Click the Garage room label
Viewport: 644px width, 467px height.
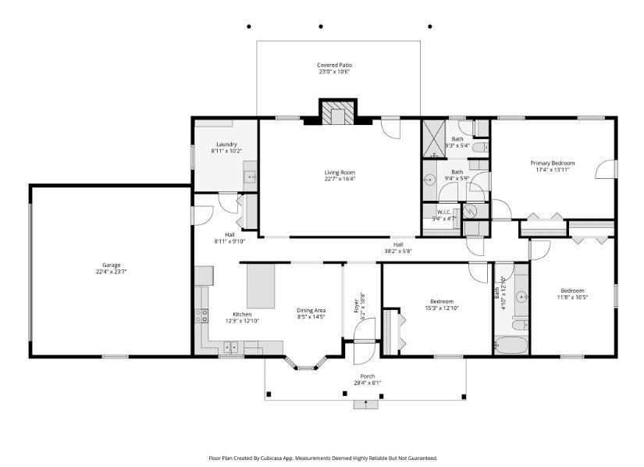(110, 266)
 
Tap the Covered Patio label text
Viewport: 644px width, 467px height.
(333, 65)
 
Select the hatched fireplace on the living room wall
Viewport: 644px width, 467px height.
(338, 113)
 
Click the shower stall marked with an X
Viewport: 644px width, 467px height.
(434, 138)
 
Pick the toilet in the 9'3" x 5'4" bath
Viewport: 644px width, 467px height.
(482, 146)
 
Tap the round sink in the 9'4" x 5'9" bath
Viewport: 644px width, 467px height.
(429, 180)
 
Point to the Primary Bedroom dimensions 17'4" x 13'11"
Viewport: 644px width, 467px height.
(553, 169)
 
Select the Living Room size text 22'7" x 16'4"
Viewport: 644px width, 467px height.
(340, 179)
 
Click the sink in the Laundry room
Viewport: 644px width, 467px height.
(251, 177)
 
